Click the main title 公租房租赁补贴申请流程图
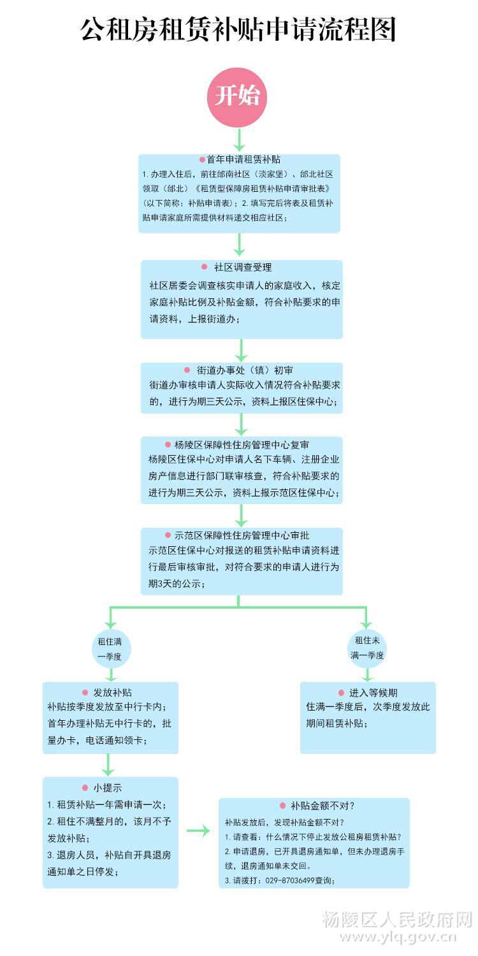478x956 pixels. click(238, 29)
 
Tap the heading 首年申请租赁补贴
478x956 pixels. click(243, 159)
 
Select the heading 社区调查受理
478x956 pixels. click(243, 267)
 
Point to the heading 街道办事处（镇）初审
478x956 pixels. click(245, 370)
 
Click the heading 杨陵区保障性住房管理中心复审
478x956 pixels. click(242, 445)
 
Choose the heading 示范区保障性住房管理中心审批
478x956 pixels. click(242, 535)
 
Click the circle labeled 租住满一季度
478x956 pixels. click(111, 649)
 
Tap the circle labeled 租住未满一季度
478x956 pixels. click(367, 648)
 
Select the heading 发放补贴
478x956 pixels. click(113, 692)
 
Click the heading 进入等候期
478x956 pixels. click(373, 693)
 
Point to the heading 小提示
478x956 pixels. click(108, 788)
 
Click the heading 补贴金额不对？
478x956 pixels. click(322, 806)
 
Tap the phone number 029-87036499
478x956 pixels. click(290, 880)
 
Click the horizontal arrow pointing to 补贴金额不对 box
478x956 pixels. click(198, 830)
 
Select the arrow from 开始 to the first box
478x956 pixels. click(239, 140)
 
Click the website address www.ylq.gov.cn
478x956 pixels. click(398, 938)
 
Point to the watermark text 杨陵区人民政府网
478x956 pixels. click(397, 919)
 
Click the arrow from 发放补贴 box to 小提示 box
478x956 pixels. click(108, 765)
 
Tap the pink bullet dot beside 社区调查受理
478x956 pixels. click(205, 267)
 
